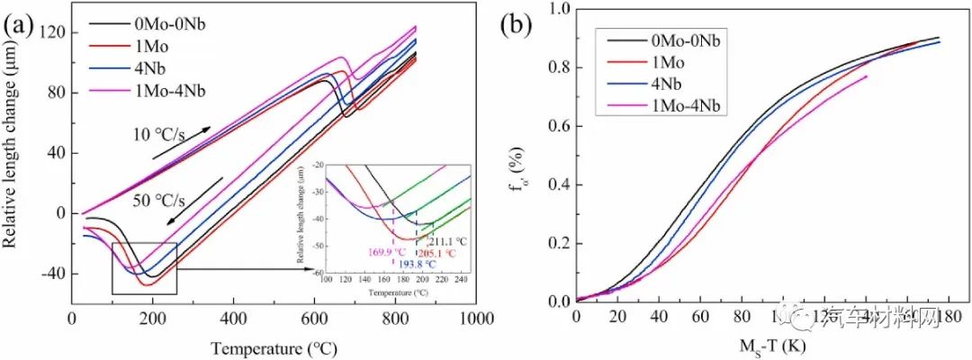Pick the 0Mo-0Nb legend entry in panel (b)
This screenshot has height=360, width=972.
pos(688,40)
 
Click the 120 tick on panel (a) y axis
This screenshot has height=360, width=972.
pos(47,32)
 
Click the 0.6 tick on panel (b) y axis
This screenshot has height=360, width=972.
pos(556,126)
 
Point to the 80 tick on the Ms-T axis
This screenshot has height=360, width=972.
pos(741,319)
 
